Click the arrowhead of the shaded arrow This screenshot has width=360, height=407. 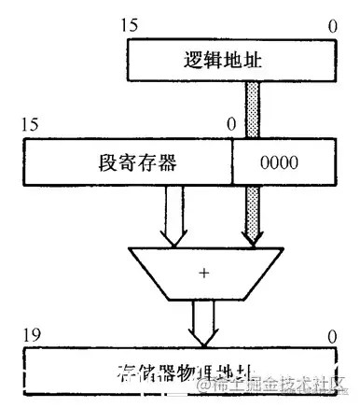click(252, 239)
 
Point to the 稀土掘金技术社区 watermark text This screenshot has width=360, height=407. click(280, 384)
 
